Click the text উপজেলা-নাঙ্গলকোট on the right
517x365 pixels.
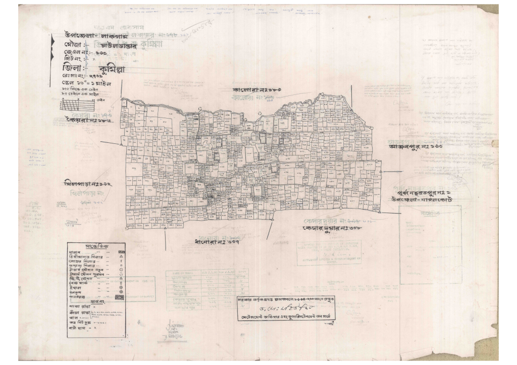[424, 200]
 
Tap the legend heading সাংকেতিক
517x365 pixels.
[96, 246]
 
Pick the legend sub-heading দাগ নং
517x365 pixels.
[97, 302]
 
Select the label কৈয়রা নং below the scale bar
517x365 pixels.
[88, 122]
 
